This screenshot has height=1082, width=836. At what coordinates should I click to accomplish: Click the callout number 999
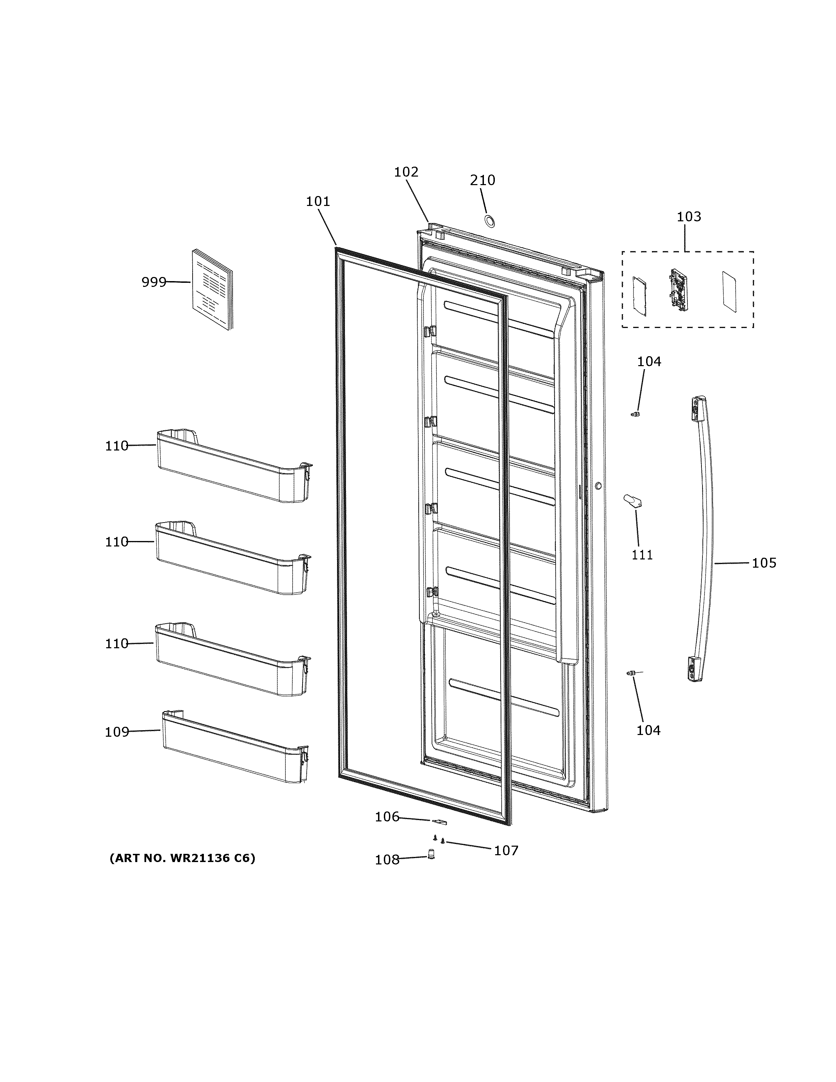click(154, 282)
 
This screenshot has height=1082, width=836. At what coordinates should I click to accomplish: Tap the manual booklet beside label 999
click(212, 290)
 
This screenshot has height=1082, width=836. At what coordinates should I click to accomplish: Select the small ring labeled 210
click(489, 221)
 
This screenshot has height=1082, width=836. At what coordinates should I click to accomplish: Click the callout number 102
click(406, 172)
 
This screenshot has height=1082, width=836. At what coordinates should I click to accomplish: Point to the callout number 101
click(318, 202)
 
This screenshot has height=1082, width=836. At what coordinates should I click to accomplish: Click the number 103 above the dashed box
click(689, 217)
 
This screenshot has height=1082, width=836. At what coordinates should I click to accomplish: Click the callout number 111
click(642, 555)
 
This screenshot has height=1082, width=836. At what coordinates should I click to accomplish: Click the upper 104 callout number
click(649, 362)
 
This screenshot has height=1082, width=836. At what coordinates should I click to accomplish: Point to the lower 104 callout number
click(648, 730)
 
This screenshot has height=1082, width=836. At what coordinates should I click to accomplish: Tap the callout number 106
click(387, 817)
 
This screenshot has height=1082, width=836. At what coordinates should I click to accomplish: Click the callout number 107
click(506, 851)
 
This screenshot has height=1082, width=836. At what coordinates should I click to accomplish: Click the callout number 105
click(764, 563)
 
